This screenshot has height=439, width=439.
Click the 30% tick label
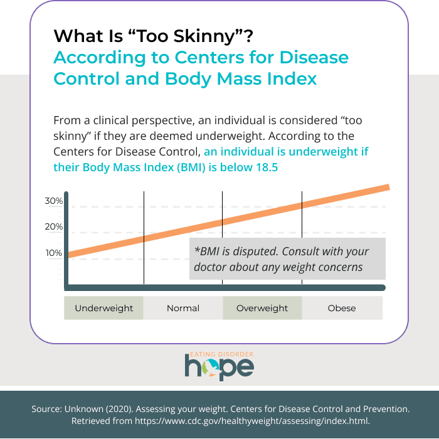point(53,201)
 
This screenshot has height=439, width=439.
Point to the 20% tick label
point(53,227)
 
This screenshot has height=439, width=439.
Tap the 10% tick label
point(53,253)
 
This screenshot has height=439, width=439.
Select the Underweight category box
point(104,308)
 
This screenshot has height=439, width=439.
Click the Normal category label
point(183,308)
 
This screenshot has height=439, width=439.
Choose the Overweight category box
point(262,308)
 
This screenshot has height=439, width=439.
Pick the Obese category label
point(342,308)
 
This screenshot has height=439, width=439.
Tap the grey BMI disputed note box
point(287,258)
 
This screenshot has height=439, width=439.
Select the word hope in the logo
point(219,367)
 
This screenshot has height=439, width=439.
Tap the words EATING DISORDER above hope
point(219,354)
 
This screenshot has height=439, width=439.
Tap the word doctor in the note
point(210,267)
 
